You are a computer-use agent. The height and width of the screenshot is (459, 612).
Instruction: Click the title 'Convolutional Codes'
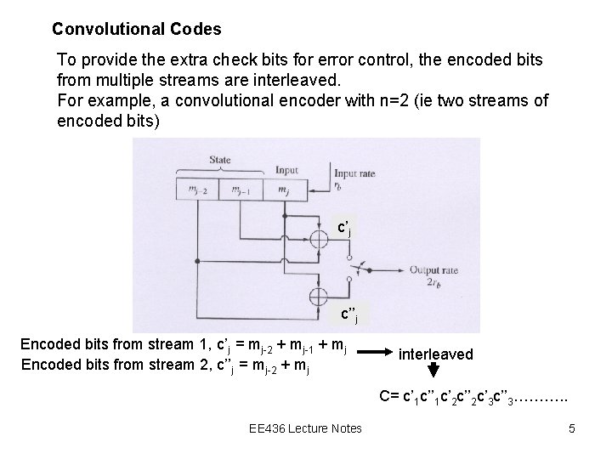tap(136, 29)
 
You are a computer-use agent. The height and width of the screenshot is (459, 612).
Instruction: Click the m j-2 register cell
tap(197, 190)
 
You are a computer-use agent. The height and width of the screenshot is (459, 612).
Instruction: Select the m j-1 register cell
tap(241, 190)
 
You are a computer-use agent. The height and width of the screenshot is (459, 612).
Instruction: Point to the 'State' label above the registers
tap(220, 160)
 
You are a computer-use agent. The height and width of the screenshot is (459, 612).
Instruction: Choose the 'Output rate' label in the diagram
tap(433, 270)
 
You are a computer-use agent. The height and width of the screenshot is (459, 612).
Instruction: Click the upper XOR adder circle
tap(319, 240)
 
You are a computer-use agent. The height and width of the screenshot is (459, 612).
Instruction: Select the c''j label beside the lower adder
tap(348, 316)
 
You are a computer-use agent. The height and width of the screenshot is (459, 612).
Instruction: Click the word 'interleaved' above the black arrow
tap(436, 354)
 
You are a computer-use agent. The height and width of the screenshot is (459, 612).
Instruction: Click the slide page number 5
tap(572, 428)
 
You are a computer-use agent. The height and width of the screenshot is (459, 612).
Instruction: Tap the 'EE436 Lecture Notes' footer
tap(306, 428)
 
